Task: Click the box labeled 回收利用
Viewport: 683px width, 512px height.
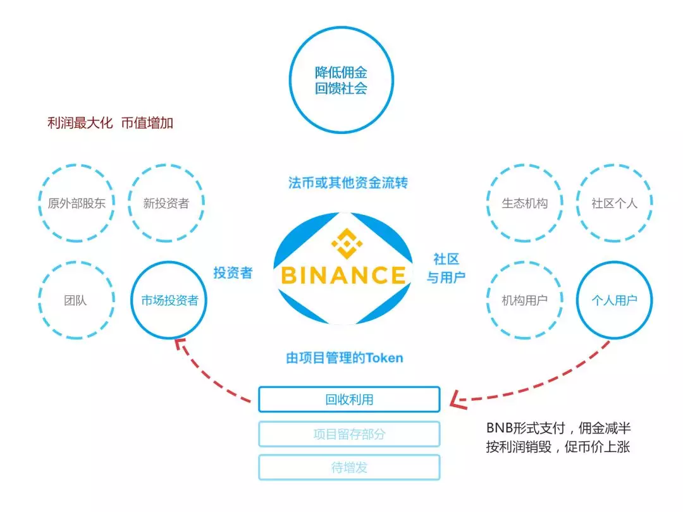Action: click(349, 399)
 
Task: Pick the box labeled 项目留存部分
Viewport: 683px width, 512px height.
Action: click(349, 434)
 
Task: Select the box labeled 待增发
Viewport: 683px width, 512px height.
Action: click(349, 467)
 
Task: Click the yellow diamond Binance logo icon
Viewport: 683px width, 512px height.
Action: click(347, 243)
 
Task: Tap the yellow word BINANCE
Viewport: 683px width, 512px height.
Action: click(343, 275)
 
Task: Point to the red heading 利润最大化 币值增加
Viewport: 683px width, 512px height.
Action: click(110, 123)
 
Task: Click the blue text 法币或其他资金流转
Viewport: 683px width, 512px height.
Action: click(348, 183)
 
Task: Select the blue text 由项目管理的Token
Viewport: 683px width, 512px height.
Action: click(345, 358)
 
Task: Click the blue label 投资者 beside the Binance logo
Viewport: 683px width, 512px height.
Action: click(233, 273)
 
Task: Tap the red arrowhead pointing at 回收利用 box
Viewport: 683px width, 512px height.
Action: click(457, 399)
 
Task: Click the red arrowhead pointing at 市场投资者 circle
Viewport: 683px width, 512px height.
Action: click(180, 345)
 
